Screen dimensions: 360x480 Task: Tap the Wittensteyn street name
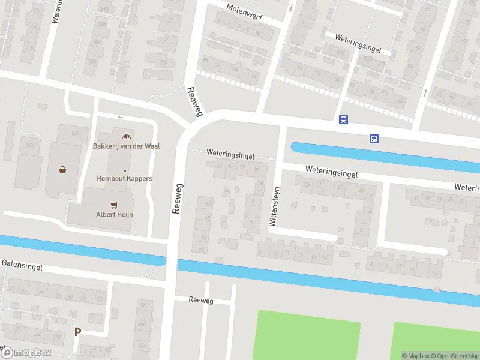[274, 206]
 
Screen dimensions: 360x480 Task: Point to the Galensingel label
[22, 265]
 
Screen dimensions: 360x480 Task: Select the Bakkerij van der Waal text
[126, 146]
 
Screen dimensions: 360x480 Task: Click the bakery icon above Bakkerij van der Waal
[125, 135]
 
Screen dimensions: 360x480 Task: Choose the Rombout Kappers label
[125, 178]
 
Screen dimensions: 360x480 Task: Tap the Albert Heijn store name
[114, 214]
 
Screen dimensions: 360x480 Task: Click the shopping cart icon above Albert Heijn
[114, 204]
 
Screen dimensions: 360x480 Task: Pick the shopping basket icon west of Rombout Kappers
[63, 170]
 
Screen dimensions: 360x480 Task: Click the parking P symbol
[77, 332]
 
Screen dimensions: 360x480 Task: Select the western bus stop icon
[343, 120]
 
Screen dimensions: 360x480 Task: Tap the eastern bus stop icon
[374, 139]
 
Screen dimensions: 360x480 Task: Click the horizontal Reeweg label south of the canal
[200, 300]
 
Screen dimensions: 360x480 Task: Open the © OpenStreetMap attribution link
[455, 356]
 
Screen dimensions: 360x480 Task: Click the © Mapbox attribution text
[416, 356]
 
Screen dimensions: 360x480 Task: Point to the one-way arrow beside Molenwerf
[291, 8]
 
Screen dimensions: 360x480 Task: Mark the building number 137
[76, 133]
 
